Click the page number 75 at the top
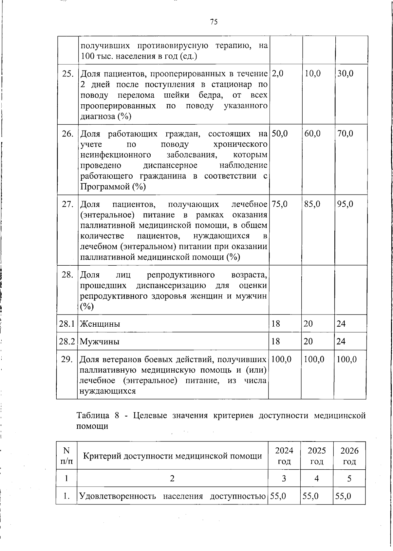coord(214,22)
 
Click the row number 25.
coord(67,73)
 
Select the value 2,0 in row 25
coord(277,73)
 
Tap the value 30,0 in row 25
coord(345,73)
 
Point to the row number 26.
coord(67,134)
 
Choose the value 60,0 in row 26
coord(312,134)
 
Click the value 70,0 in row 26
coord(345,134)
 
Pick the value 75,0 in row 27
coord(279,204)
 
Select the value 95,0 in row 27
coord(345,204)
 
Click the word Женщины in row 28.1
coord(100,324)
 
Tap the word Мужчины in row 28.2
coord(100,342)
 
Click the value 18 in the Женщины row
coord(276,324)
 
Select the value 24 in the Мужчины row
coord(341,342)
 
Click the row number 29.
coord(67,359)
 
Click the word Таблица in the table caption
coord(93,416)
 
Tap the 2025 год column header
coord(317,456)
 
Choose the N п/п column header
coord(66,456)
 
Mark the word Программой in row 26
coord(105,187)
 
